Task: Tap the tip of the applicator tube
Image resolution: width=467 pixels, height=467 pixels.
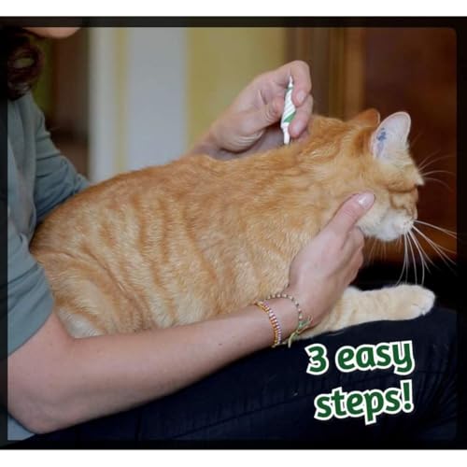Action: click(286, 142)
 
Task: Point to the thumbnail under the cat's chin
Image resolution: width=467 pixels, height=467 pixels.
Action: click(365, 201)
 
